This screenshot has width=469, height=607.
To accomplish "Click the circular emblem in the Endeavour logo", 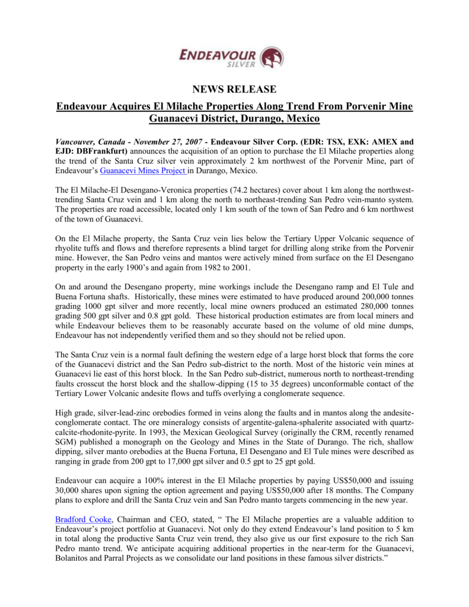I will [272, 57].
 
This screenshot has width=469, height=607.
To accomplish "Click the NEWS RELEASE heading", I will [234, 90].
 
